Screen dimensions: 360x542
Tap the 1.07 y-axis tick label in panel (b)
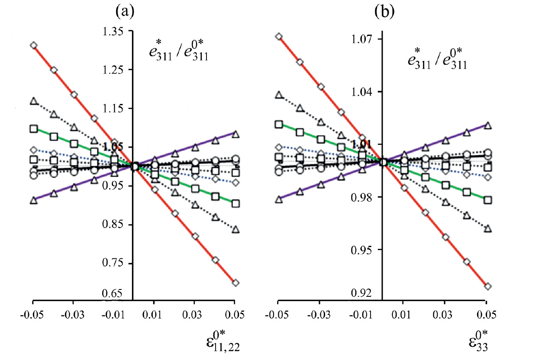point(362,39)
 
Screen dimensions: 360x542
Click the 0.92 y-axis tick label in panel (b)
point(362,293)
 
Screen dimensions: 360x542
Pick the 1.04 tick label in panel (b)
point(362,92)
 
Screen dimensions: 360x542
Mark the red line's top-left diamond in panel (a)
point(33,45)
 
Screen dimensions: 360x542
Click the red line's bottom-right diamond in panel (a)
point(236,283)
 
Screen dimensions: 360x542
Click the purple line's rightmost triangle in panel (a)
point(236,134)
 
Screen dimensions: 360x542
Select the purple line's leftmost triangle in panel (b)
point(279,199)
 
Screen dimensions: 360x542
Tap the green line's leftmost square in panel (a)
point(34,129)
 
